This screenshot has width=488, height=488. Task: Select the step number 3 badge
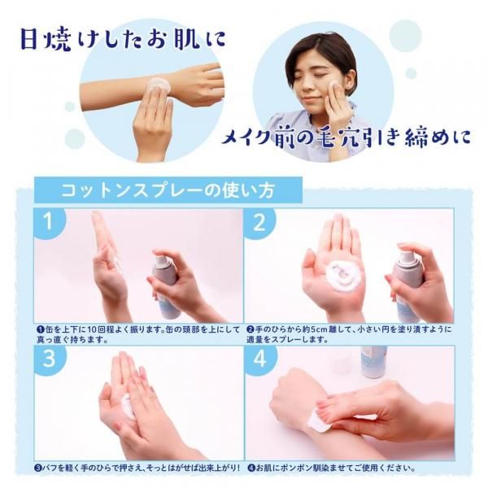point(49,359)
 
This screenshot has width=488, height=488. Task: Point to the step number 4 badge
point(260,359)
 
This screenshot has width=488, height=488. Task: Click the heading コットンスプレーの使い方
point(168,190)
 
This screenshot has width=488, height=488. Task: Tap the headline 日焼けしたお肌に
point(122,39)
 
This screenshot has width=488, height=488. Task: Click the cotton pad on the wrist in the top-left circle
point(159,85)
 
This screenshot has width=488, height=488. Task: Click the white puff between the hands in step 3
point(128,404)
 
